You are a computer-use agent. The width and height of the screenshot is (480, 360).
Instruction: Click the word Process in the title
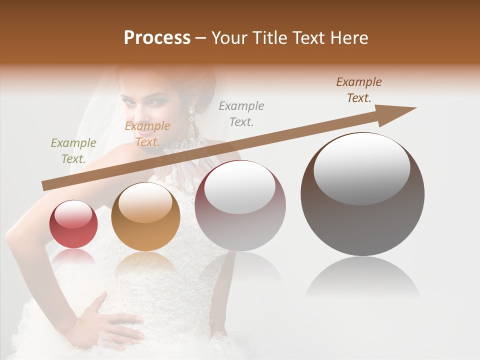[157, 38]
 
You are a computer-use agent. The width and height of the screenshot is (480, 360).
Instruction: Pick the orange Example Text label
[147, 133]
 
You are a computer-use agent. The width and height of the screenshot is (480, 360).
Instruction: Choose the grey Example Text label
[241, 113]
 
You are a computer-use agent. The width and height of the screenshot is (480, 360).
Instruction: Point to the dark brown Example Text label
[358, 90]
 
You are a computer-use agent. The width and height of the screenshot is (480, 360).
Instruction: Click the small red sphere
[73, 224]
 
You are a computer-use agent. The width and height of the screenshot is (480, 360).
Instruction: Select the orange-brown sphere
[145, 216]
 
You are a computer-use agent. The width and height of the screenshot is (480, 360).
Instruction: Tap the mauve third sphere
[240, 205]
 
